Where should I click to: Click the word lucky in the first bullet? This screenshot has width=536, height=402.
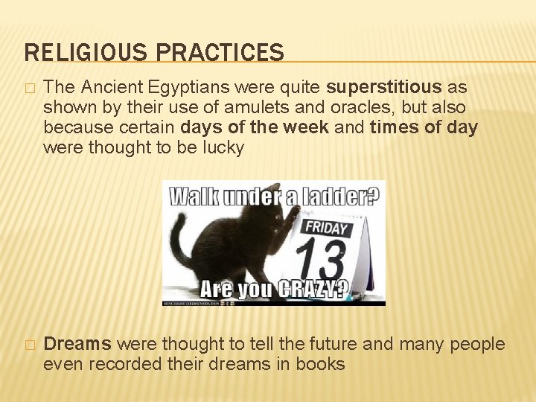[225, 148]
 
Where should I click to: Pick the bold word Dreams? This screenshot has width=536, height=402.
[77, 344]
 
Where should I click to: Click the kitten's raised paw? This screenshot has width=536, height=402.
[293, 216]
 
